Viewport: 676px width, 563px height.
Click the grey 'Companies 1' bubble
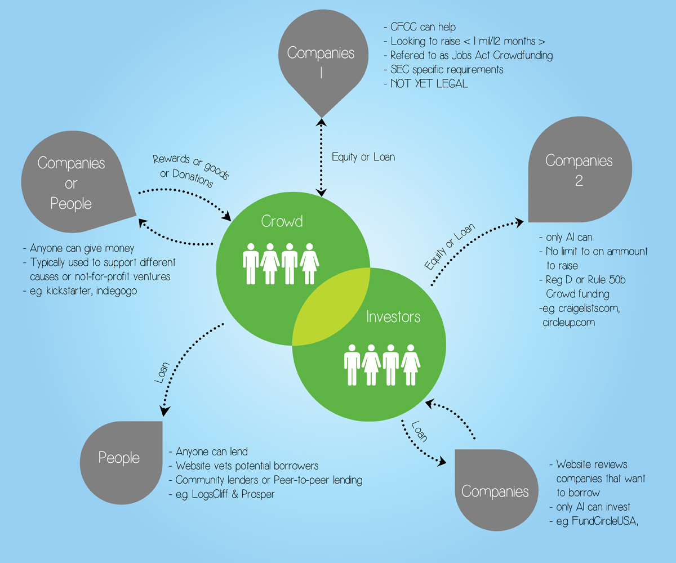[x=321, y=59]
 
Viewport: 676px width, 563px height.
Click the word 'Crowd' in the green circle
[x=282, y=221]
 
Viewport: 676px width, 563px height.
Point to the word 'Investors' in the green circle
[x=393, y=316]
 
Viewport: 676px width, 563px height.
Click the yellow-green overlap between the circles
[x=331, y=305]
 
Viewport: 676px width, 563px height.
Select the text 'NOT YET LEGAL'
[x=428, y=84]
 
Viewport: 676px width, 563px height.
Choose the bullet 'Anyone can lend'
[x=211, y=452]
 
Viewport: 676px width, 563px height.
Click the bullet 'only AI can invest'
[x=593, y=507]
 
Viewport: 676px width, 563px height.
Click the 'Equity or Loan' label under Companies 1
[x=363, y=157]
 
